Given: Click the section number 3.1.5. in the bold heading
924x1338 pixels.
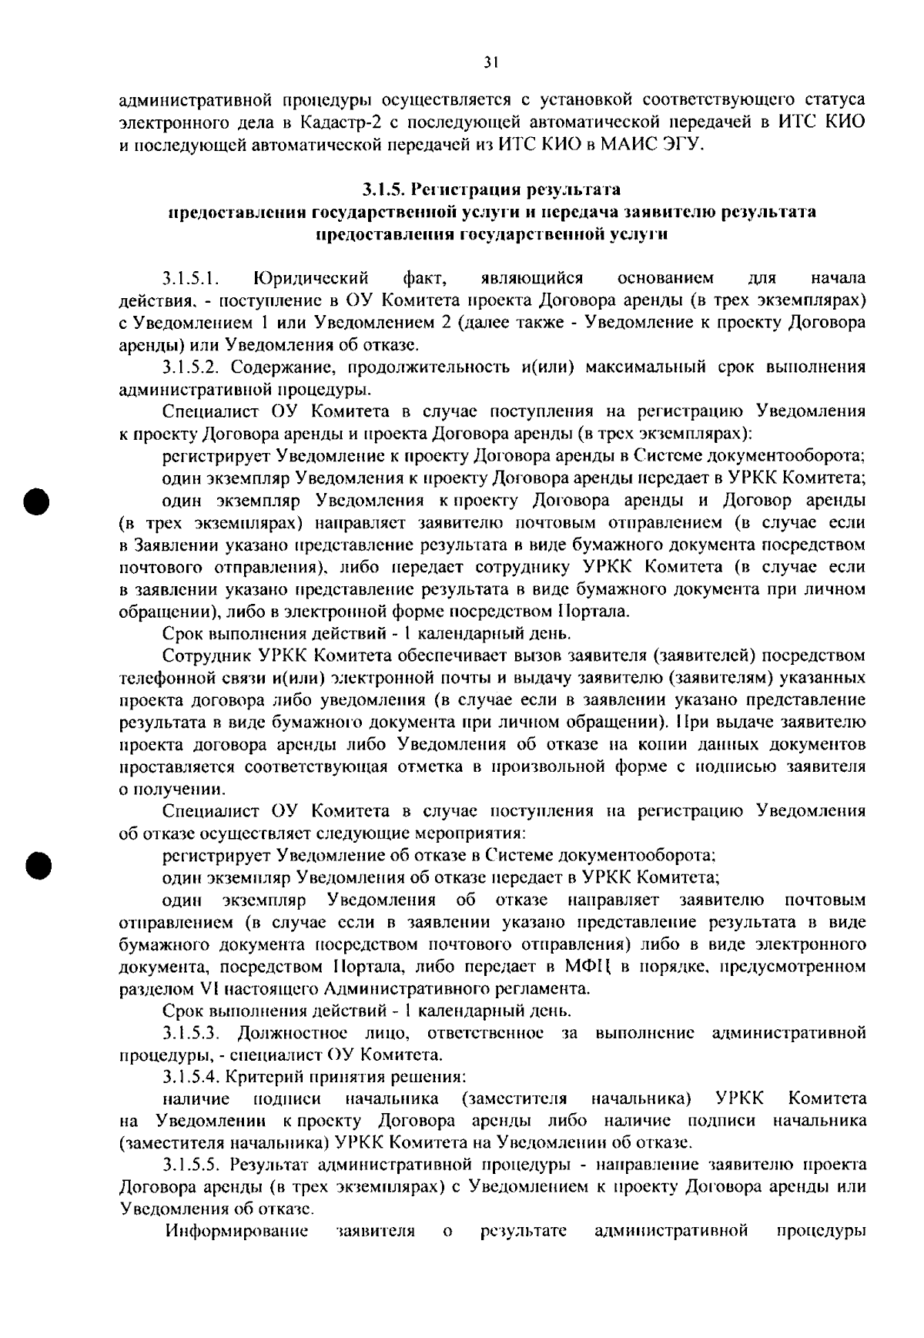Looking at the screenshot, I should (385, 189).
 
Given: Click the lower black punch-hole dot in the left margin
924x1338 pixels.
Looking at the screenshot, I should (35, 864).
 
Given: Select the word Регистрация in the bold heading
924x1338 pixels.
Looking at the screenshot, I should (467, 189).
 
